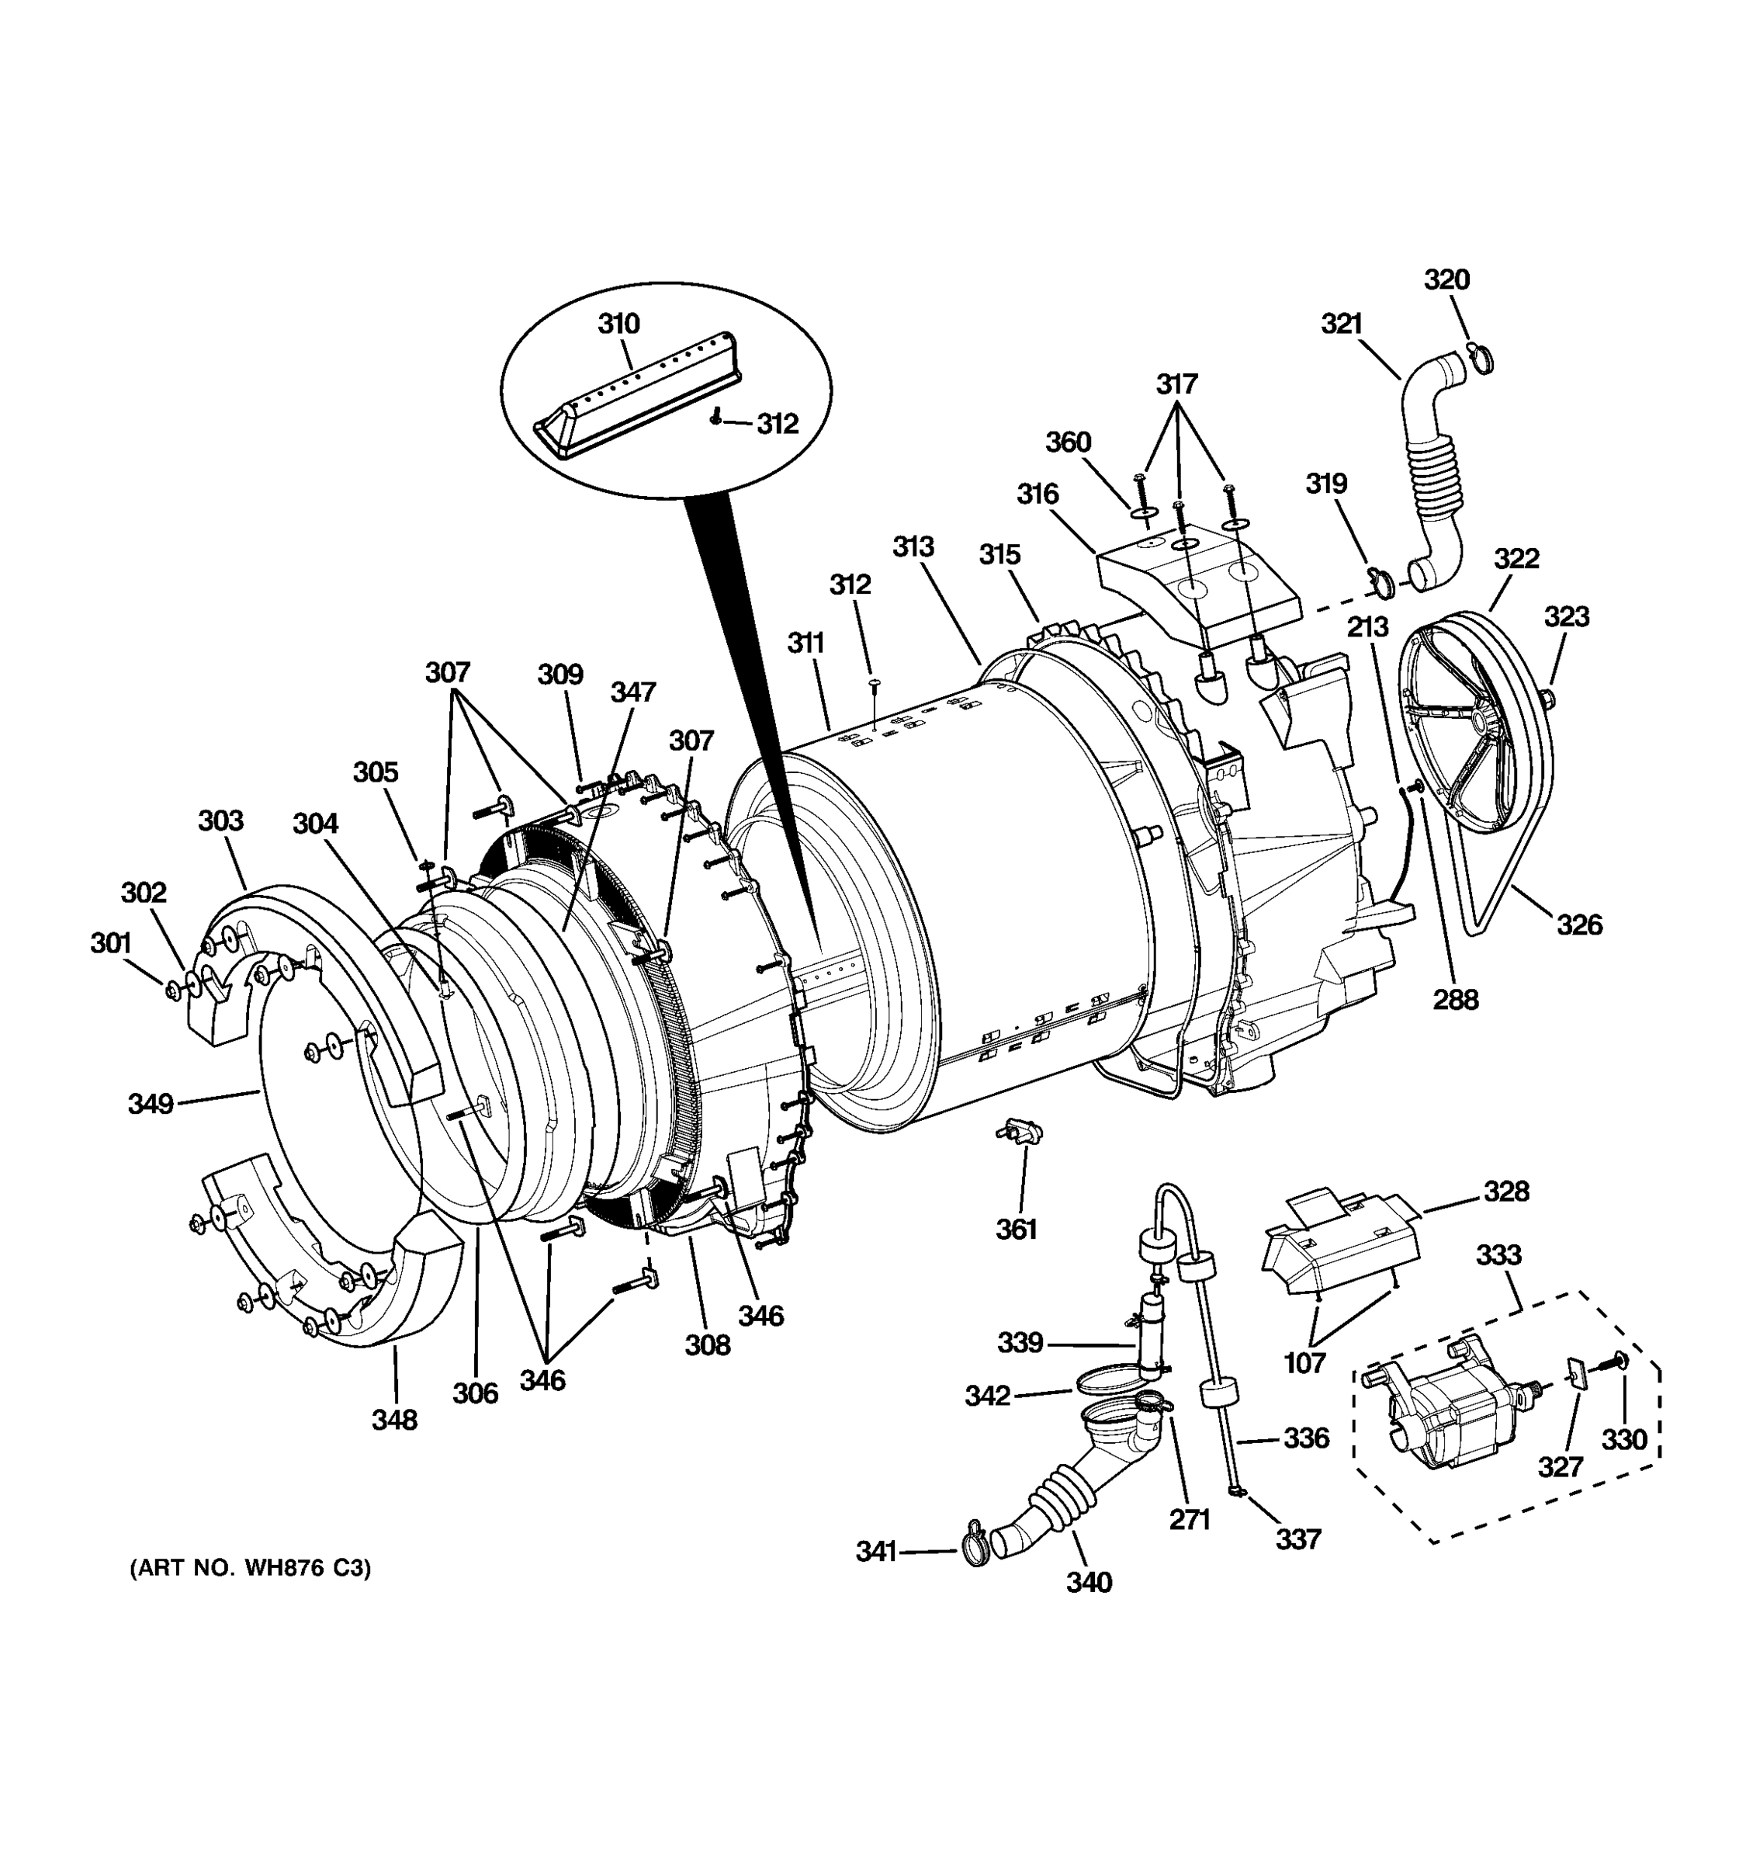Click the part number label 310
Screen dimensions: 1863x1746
618,324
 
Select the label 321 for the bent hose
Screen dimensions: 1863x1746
1342,324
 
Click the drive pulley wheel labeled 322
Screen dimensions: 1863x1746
1475,722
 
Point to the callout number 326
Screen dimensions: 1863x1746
1579,925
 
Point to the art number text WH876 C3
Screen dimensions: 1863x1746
250,1569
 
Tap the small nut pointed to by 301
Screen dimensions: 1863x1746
172,990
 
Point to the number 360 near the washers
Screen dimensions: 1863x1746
1068,442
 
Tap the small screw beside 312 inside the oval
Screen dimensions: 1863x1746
716,417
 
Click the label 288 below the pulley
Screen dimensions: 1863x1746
1456,1000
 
